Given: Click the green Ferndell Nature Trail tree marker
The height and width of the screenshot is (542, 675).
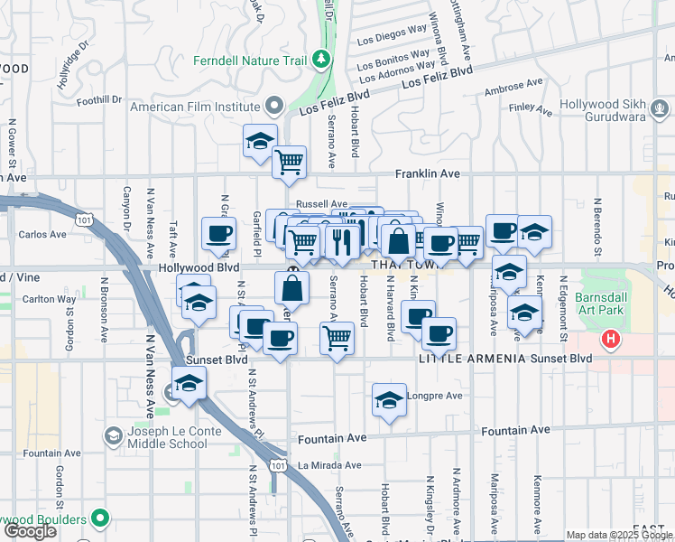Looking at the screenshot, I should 321,61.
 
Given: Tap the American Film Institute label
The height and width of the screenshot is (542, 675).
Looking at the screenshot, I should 195,107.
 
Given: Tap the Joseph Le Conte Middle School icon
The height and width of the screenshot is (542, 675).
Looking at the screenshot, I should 113,437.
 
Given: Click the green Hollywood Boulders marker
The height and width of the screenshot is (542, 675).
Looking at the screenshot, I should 100,519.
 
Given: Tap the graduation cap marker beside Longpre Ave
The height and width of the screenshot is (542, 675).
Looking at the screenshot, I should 388,399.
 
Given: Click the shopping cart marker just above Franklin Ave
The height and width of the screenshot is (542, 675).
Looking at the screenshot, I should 289,163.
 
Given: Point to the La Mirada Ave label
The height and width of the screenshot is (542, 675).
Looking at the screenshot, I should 329,466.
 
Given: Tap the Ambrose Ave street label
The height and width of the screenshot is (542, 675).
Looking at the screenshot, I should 513,87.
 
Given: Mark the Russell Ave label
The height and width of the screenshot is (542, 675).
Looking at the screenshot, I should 322,204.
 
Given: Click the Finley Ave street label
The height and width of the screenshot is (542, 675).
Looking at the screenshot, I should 531,109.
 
